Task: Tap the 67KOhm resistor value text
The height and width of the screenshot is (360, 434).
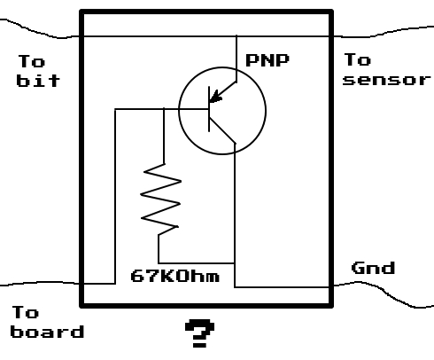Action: [x=175, y=277]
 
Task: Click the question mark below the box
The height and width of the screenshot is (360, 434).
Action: [x=198, y=335]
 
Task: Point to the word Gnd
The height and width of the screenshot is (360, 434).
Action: [x=373, y=268]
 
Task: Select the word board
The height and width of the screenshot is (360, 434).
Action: [x=48, y=333]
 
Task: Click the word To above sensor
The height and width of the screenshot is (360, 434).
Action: [x=357, y=60]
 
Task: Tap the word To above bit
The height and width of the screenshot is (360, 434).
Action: [x=30, y=61]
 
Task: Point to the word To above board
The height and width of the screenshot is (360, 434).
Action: [x=26, y=312]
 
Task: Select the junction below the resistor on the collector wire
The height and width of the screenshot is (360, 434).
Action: [x=236, y=262]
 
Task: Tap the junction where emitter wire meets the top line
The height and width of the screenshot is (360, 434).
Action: [x=236, y=36]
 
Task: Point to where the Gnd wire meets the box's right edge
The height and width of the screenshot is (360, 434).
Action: [x=331, y=286]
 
